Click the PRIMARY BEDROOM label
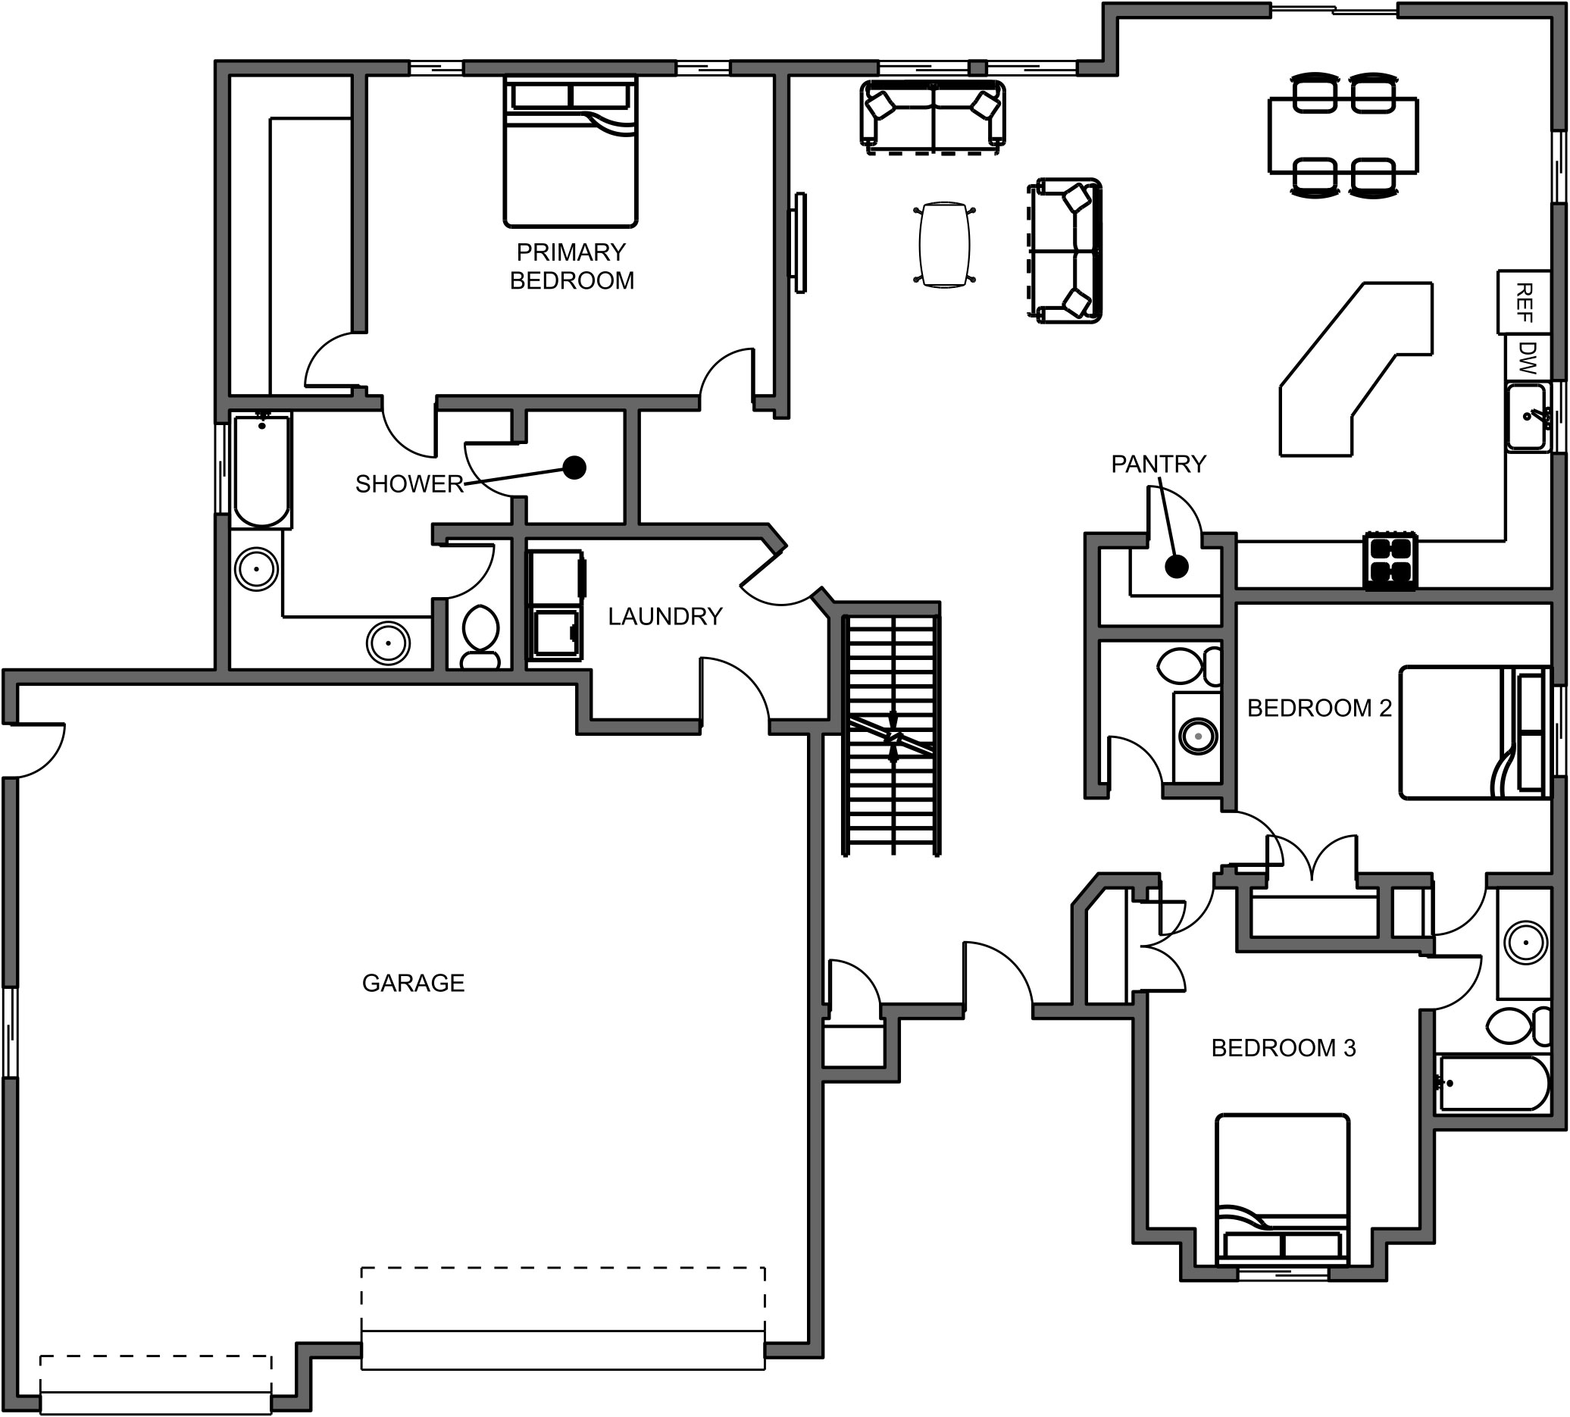[x=571, y=266]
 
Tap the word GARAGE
[x=412, y=984]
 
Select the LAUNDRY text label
[x=665, y=617]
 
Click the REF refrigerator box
[x=1524, y=302]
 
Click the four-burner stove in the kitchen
[x=1390, y=561]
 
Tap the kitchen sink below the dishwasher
[x=1525, y=418]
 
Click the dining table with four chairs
[x=1343, y=134]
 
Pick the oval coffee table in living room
[x=944, y=245]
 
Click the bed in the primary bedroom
[x=571, y=152]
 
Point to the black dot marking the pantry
[x=1177, y=568]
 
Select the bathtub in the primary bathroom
[x=261, y=471]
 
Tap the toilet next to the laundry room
[x=480, y=635]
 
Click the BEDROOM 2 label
[x=1318, y=708]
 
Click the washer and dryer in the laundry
[x=555, y=605]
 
